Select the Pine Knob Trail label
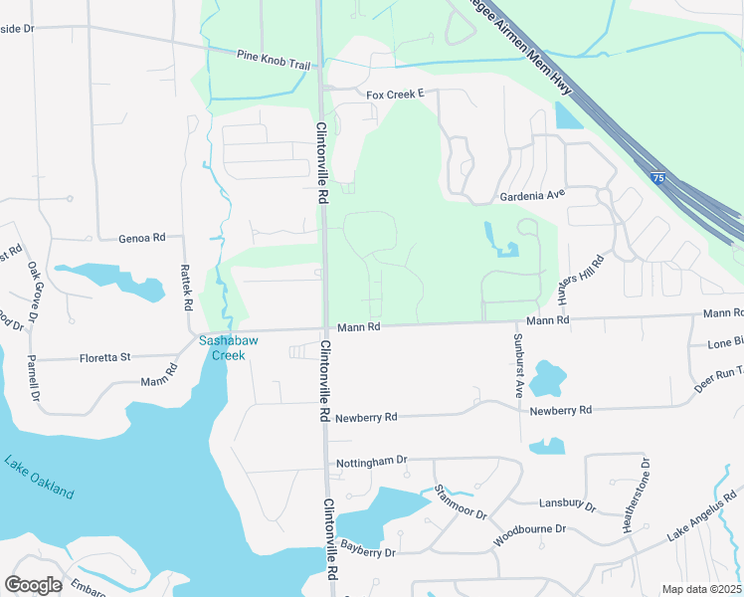[274, 59]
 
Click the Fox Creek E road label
[395, 95]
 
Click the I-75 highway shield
[659, 177]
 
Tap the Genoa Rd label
[141, 238]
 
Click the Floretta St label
[105, 357]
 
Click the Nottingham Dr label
[372, 461]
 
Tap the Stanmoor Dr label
[461, 501]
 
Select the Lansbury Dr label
[566, 505]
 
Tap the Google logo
[33, 585]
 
